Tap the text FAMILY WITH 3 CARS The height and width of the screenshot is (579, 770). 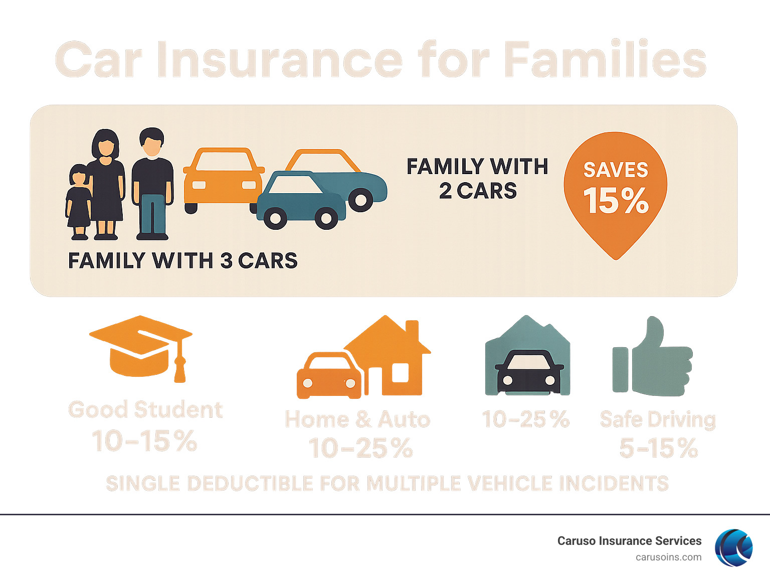tap(182, 261)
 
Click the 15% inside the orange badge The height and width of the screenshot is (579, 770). tap(616, 201)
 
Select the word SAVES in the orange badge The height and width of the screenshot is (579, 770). tap(616, 170)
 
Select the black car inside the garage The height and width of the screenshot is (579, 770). tap(528, 371)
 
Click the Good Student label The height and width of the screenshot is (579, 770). tap(145, 410)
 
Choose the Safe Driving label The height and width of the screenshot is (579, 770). tap(658, 419)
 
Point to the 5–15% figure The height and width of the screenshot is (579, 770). tap(658, 448)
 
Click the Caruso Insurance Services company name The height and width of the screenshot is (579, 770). tap(629, 541)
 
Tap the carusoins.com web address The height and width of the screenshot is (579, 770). tap(668, 557)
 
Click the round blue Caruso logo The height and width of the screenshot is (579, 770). tap(734, 547)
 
